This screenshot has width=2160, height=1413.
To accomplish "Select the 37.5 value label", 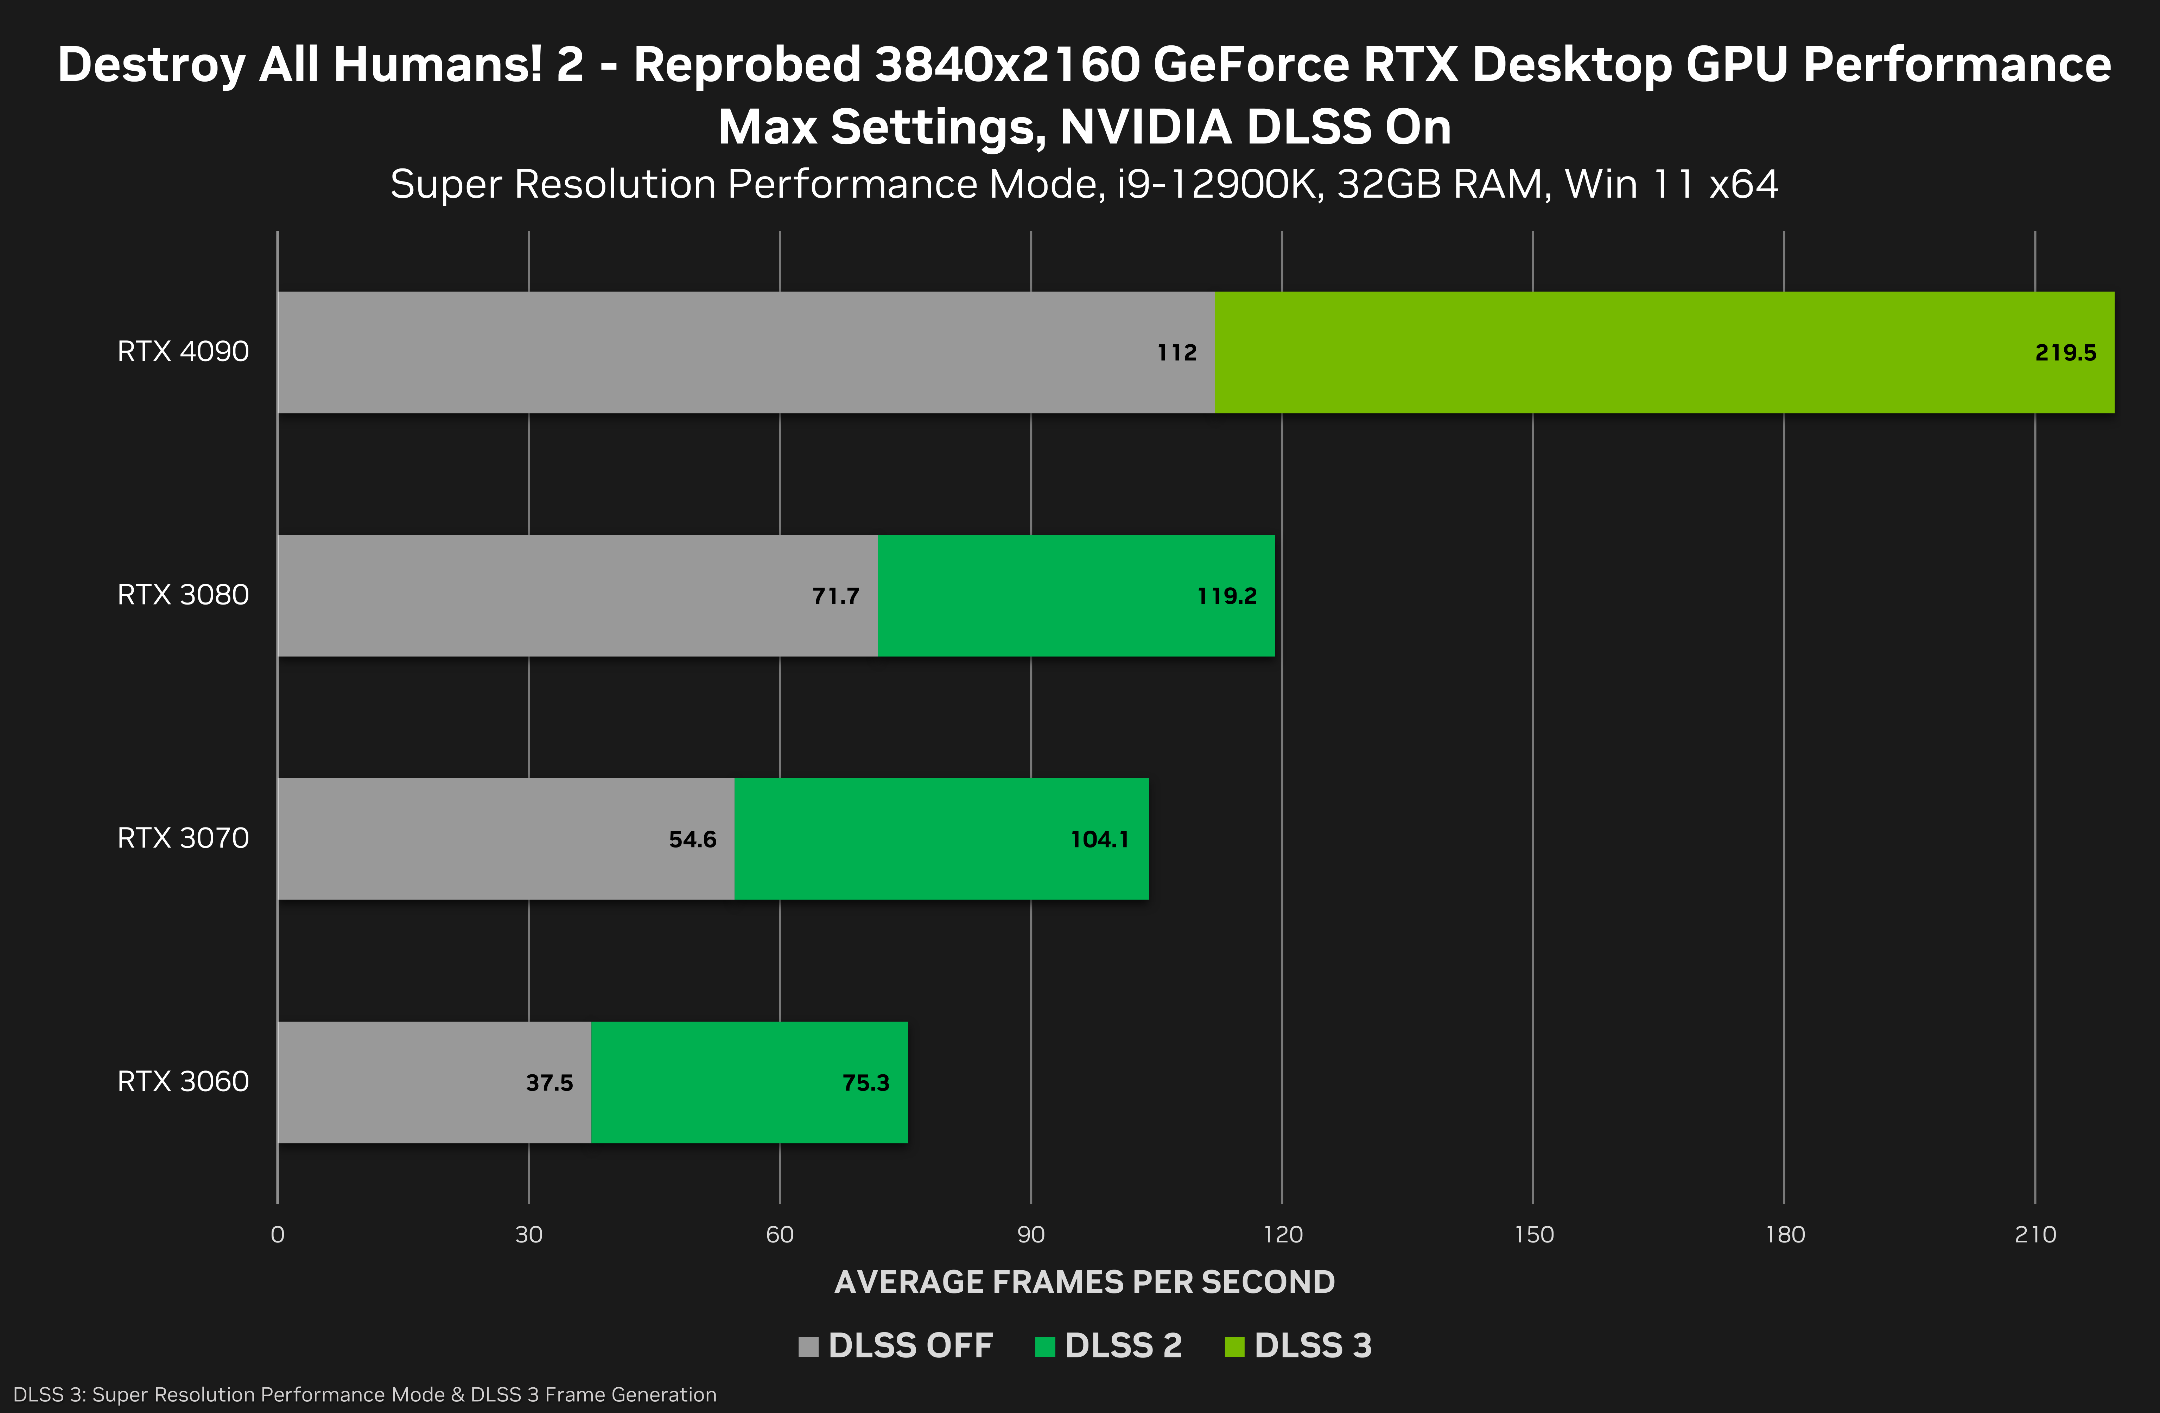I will [549, 1083].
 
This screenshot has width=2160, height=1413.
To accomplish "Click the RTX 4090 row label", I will [183, 351].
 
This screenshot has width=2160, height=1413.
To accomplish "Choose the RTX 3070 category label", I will [183, 838].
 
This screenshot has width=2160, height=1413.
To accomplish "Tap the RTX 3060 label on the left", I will [183, 1081].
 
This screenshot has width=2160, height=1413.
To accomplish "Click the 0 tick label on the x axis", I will [278, 1234].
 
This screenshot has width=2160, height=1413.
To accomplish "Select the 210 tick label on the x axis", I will [2035, 1234].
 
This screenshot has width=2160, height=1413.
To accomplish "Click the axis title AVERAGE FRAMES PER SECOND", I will [1085, 1281].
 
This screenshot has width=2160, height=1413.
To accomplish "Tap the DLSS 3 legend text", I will [1312, 1345].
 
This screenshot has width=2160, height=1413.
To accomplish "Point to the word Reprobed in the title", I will [746, 65].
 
